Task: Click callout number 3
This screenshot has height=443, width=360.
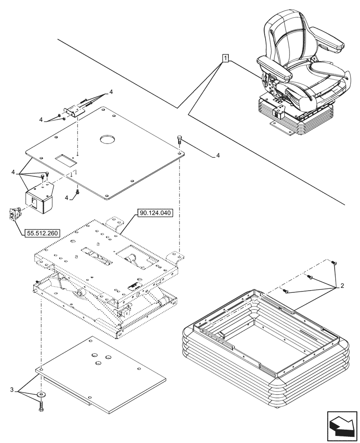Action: coord(11,390)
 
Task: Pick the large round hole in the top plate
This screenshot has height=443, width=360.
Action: coord(107,140)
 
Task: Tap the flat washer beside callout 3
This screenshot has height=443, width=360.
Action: coord(42,394)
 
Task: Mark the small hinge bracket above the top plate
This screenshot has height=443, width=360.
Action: coord(72,111)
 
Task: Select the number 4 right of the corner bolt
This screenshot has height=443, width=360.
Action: coord(218,156)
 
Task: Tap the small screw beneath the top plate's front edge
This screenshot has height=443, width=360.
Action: coord(78,192)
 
